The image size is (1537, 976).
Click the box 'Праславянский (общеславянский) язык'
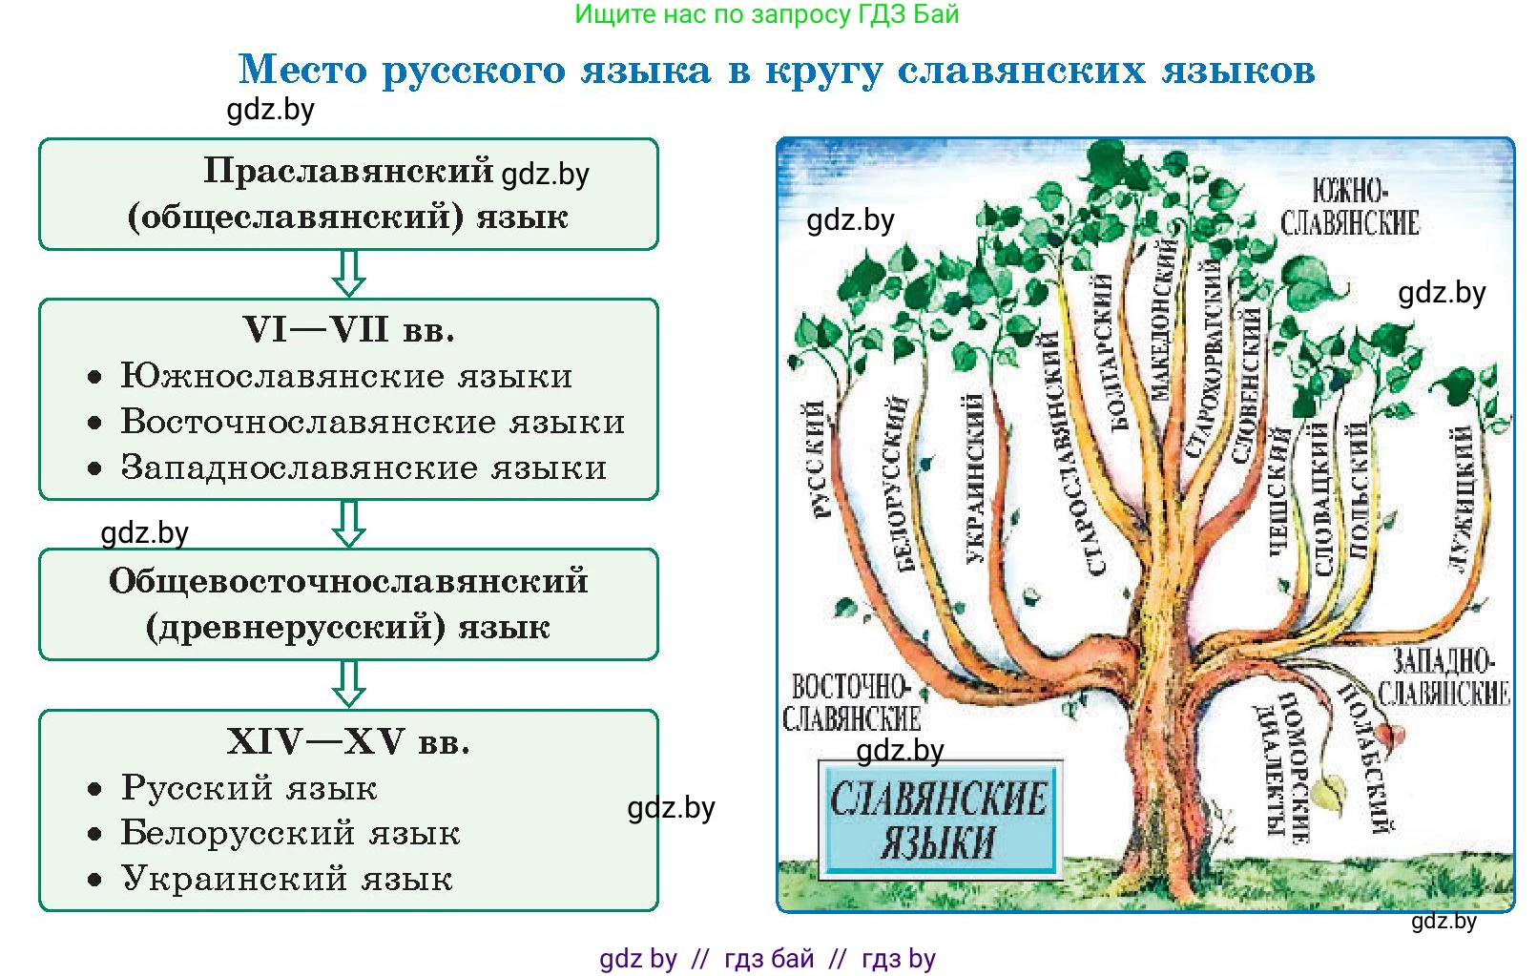pos(348,194)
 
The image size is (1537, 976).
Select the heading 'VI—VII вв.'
pos(348,330)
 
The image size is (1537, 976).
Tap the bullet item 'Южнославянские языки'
pos(346,376)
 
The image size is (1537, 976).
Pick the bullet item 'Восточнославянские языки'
pos(372,422)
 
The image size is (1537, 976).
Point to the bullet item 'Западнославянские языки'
pos(363,467)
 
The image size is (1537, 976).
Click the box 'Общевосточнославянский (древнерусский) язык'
pos(348,604)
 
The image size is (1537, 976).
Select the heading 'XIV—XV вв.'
pos(348,741)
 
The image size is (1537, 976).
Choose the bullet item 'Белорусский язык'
pos(290,833)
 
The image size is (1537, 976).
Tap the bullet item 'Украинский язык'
pos(286,879)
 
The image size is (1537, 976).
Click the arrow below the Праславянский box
pos(348,274)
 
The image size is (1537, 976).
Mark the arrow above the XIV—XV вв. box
pos(348,684)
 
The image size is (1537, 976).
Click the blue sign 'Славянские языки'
pos(939,820)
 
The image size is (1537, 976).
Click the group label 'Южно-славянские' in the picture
pos(1349,206)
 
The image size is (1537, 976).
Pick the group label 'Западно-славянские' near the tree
pos(1444,676)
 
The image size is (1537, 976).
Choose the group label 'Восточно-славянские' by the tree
pos(851,701)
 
